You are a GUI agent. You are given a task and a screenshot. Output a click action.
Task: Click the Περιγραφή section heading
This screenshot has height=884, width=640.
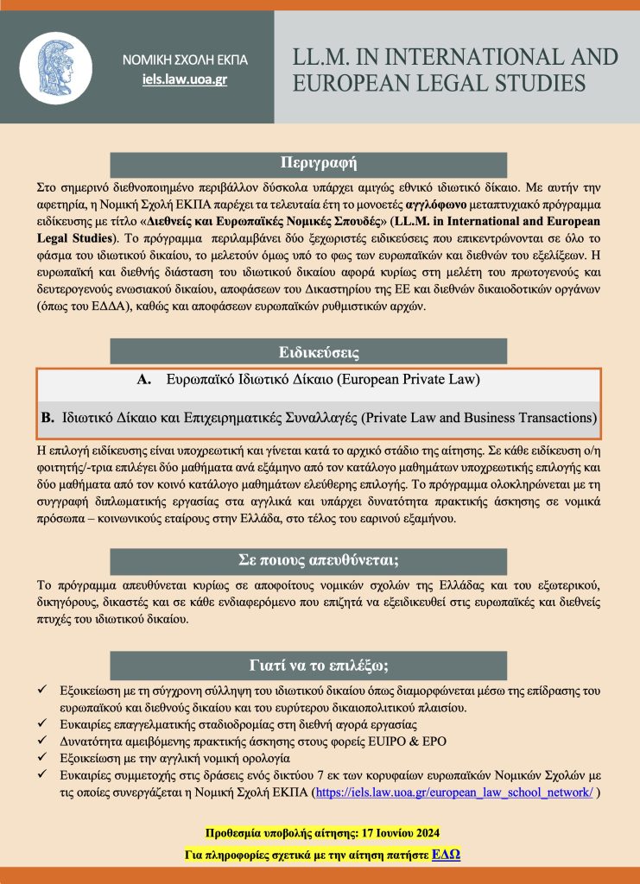[320, 163]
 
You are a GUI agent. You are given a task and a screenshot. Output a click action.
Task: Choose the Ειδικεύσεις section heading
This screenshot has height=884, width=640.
[320, 352]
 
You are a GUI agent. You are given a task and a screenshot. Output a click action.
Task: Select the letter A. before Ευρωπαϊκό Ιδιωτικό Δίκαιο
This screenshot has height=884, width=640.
[144, 380]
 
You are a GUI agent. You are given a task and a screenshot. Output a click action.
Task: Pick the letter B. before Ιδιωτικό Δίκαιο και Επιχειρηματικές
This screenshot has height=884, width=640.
[48, 419]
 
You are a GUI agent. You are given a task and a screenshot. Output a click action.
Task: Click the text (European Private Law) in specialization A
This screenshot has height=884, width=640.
[405, 380]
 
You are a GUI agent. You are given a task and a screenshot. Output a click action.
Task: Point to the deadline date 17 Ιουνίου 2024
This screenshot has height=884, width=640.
[397, 833]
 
